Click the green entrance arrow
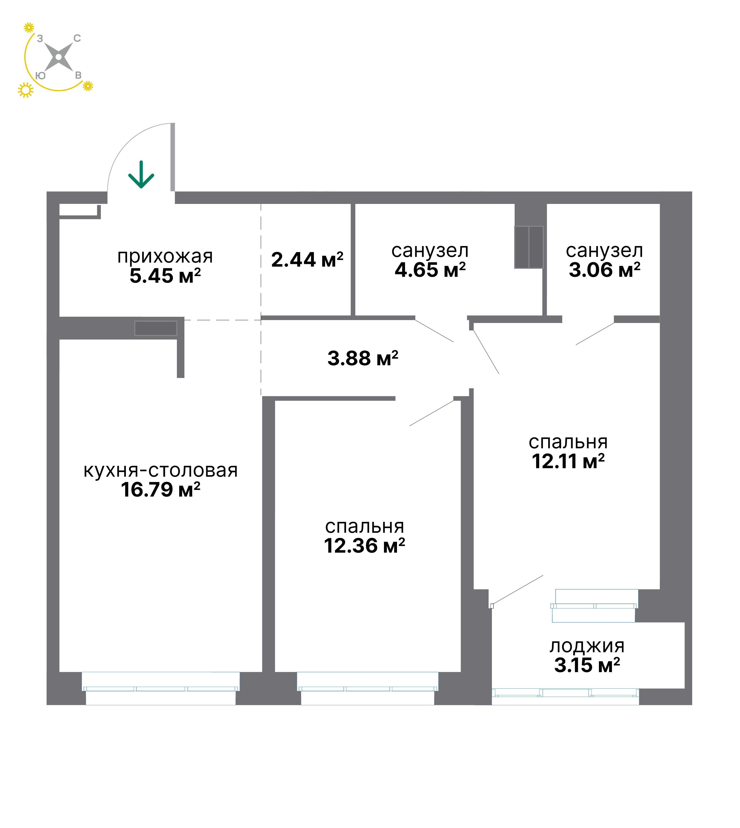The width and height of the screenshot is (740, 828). pos(141,174)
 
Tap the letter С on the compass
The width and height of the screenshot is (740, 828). pos(77,39)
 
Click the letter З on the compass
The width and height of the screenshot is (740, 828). pos(40,39)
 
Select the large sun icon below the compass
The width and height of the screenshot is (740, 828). pos(26,90)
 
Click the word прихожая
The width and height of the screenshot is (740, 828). pos(165,256)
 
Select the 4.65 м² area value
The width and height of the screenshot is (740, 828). pos(430,270)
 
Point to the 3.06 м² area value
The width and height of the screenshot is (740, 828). pos(605,270)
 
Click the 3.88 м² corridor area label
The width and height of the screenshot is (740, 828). pos(363,358)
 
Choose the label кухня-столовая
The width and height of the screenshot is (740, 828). pos(160,471)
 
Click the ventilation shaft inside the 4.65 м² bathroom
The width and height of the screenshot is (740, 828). pos(529,247)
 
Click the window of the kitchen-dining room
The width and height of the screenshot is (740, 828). pos(160,689)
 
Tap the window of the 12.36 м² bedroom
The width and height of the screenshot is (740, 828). pos(368,689)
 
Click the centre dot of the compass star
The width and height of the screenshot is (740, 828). pos(58,57)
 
